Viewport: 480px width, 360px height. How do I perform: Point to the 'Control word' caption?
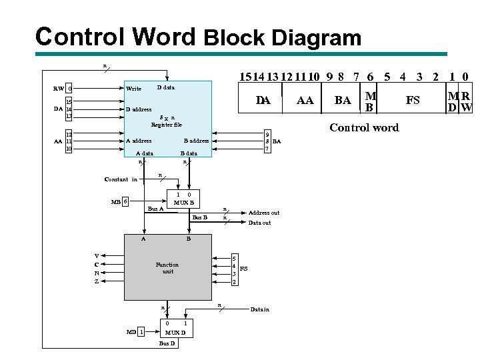tap(364, 127)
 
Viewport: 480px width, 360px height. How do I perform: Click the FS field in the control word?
tap(413, 100)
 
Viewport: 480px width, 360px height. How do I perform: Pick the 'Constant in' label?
tap(121, 179)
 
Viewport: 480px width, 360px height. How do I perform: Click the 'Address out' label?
tap(264, 213)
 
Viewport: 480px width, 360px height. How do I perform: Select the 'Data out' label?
tap(259, 223)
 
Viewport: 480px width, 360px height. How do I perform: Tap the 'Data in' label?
tap(259, 309)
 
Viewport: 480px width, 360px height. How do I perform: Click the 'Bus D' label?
tap(167, 343)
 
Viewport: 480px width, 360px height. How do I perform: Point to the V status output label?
tap(97, 255)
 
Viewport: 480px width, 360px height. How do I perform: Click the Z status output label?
tap(97, 281)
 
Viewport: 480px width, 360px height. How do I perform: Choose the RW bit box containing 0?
tap(69, 89)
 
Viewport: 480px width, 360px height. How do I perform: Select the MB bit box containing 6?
tap(125, 202)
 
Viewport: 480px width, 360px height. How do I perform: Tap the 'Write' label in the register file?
tap(133, 89)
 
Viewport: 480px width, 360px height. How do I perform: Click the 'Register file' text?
tap(166, 125)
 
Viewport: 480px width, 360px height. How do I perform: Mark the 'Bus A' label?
tap(155, 209)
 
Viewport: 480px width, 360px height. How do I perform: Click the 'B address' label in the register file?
tap(196, 141)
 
